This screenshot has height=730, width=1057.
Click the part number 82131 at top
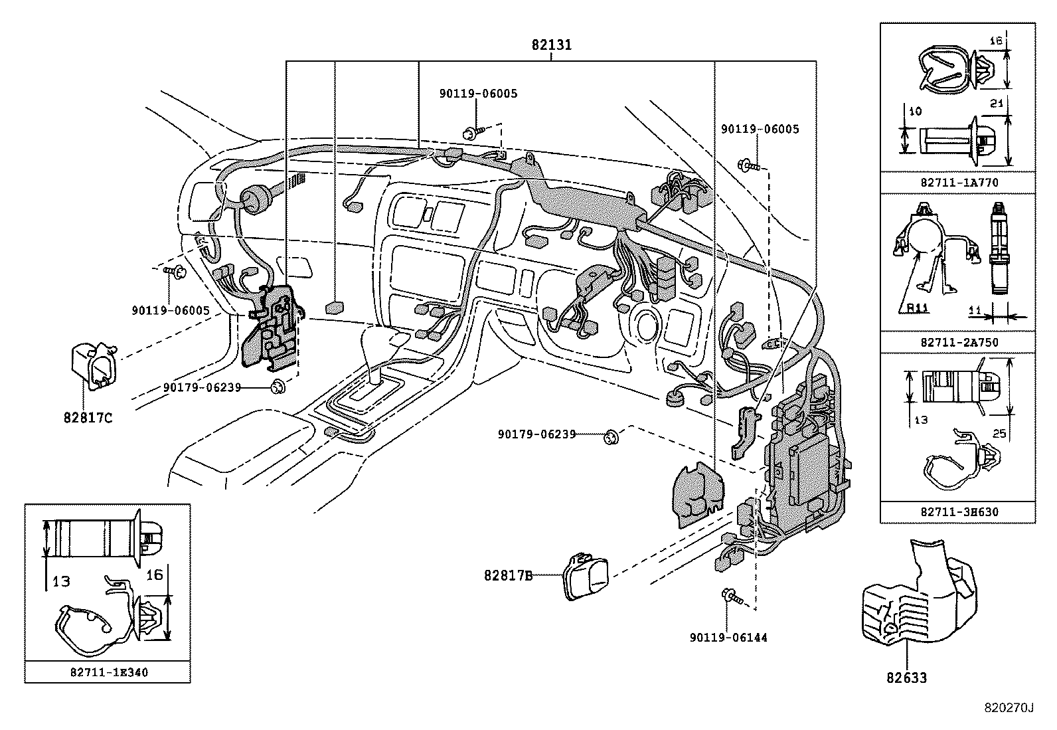coord(551,45)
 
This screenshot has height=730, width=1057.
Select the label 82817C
coord(88,418)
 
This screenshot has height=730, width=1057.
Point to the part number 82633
coord(906,678)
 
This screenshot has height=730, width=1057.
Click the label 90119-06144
coord(728,638)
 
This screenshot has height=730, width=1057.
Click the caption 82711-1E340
coord(109,672)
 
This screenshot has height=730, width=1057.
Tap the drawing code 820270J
coord(1009,708)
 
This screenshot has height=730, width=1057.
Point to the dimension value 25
coord(999,434)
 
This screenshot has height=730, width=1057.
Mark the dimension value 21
coord(994,103)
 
